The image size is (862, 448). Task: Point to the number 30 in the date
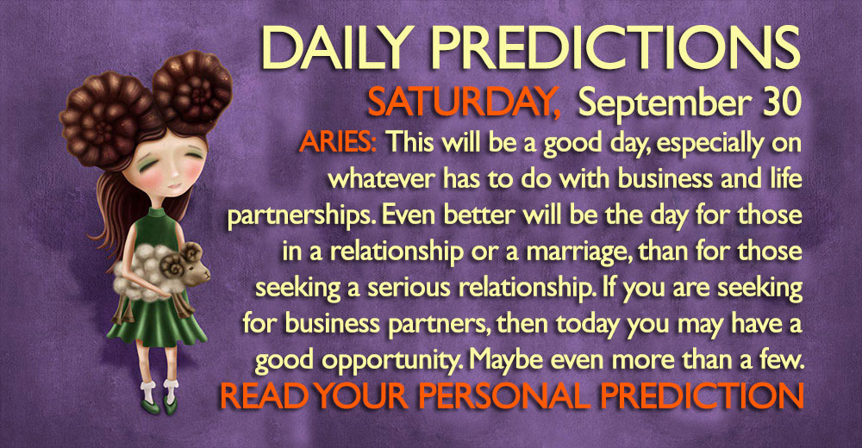coord(782,102)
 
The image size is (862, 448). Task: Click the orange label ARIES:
coord(338,143)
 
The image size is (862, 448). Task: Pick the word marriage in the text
coord(574,252)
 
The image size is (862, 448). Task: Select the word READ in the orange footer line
coord(265,395)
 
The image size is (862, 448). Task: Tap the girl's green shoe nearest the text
coord(172,408)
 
